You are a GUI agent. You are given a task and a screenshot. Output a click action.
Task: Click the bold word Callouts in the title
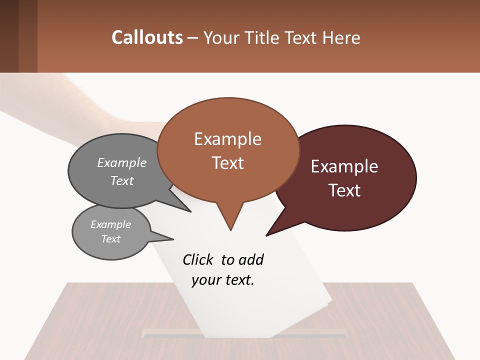[147, 37]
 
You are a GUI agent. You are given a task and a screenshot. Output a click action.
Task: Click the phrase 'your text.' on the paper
[223, 280]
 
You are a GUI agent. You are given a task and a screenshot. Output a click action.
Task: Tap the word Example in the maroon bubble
[344, 166]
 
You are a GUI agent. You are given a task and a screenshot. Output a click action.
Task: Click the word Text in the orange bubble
[228, 163]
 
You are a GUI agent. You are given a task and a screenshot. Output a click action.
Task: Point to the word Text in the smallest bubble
[111, 239]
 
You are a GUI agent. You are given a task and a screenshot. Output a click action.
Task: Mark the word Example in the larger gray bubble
[122, 162]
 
